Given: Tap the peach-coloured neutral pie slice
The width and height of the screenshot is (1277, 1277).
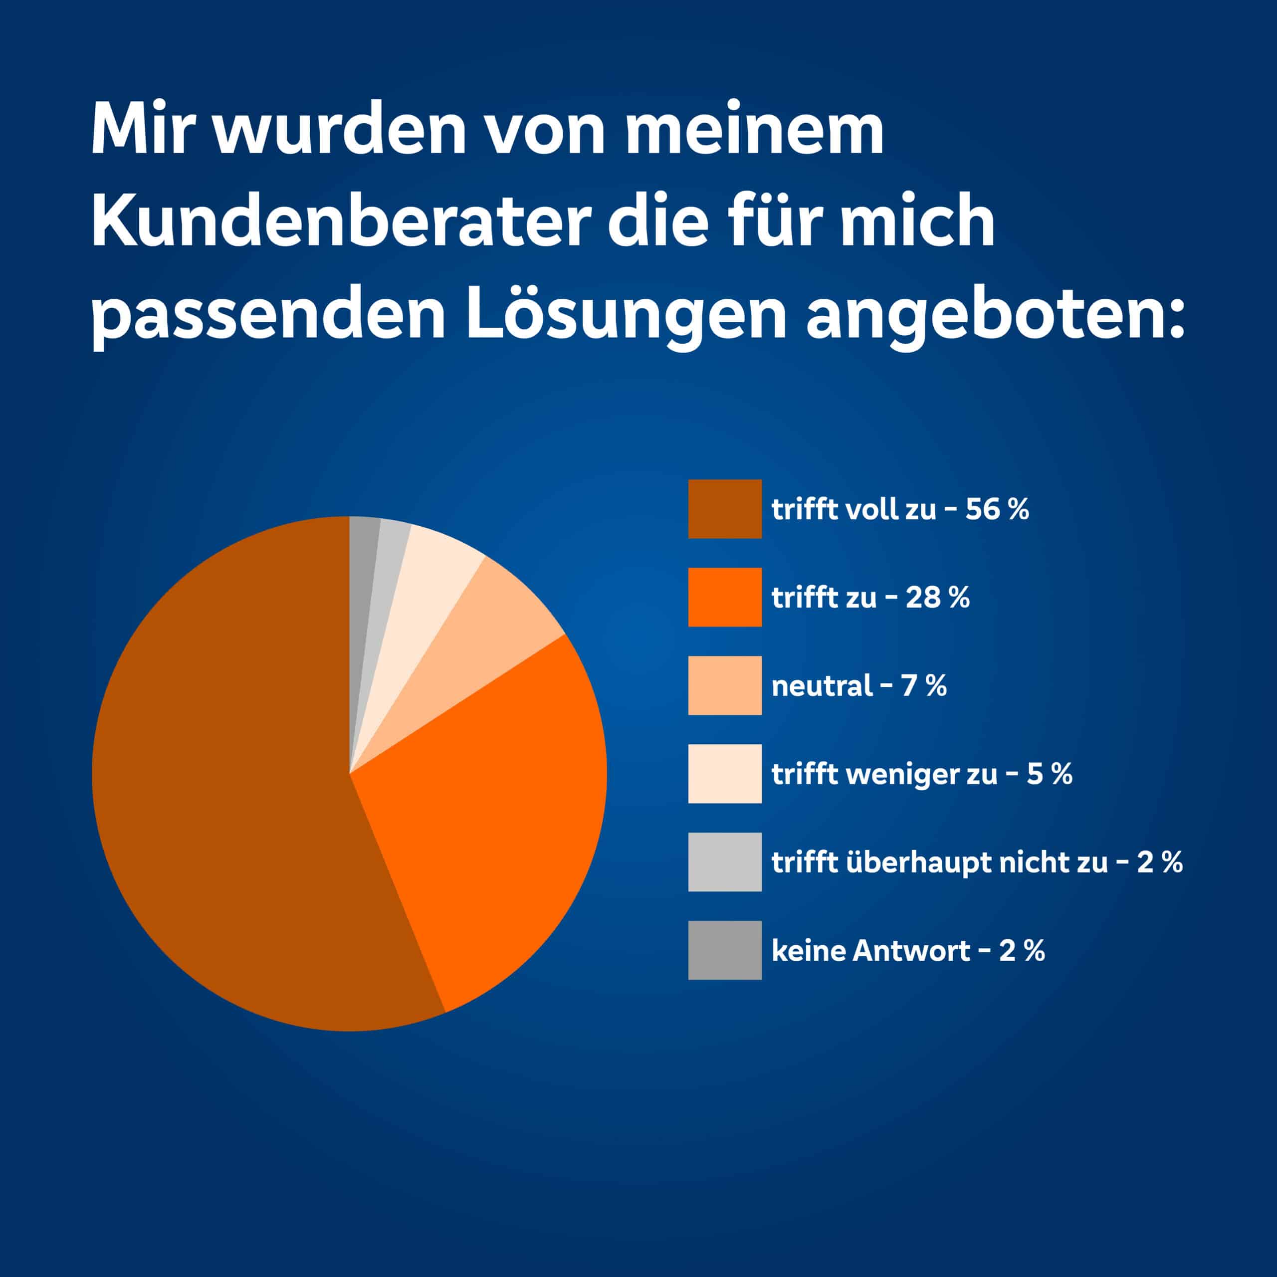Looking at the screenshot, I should pyautogui.click(x=476, y=628).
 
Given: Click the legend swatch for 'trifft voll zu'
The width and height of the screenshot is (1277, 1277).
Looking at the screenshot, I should pyautogui.click(x=724, y=509).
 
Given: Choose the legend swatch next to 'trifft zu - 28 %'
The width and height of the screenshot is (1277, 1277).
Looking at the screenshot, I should pyautogui.click(x=724, y=597).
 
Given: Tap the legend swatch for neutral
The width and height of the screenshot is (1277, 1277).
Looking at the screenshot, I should pyautogui.click(x=724, y=685).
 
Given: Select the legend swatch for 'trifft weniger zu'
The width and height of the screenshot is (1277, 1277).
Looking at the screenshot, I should pyautogui.click(x=724, y=773).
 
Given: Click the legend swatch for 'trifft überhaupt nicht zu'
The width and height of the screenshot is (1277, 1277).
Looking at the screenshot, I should pyautogui.click(x=724, y=862).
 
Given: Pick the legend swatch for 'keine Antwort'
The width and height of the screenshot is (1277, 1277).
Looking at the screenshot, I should pyautogui.click(x=724, y=950).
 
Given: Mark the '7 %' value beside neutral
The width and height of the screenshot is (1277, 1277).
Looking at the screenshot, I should pyautogui.click(x=923, y=685).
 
